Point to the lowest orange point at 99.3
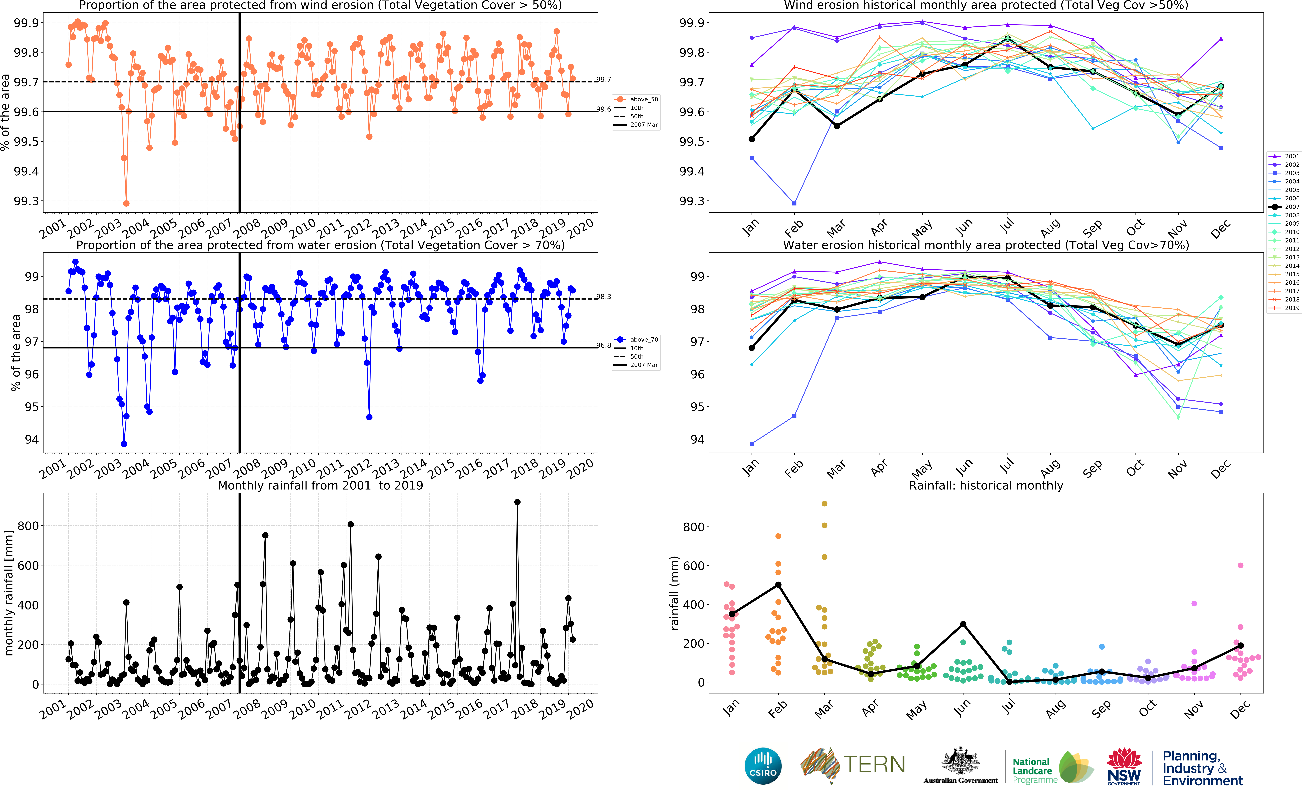click(x=126, y=203)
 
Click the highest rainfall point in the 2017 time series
click(x=517, y=502)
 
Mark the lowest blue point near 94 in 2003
click(x=124, y=444)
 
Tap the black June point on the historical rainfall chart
click(x=963, y=624)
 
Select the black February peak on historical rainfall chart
click(x=778, y=585)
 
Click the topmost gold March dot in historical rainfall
click(x=824, y=504)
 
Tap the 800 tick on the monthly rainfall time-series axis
click(x=28, y=526)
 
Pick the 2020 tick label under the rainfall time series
click(x=580, y=709)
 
